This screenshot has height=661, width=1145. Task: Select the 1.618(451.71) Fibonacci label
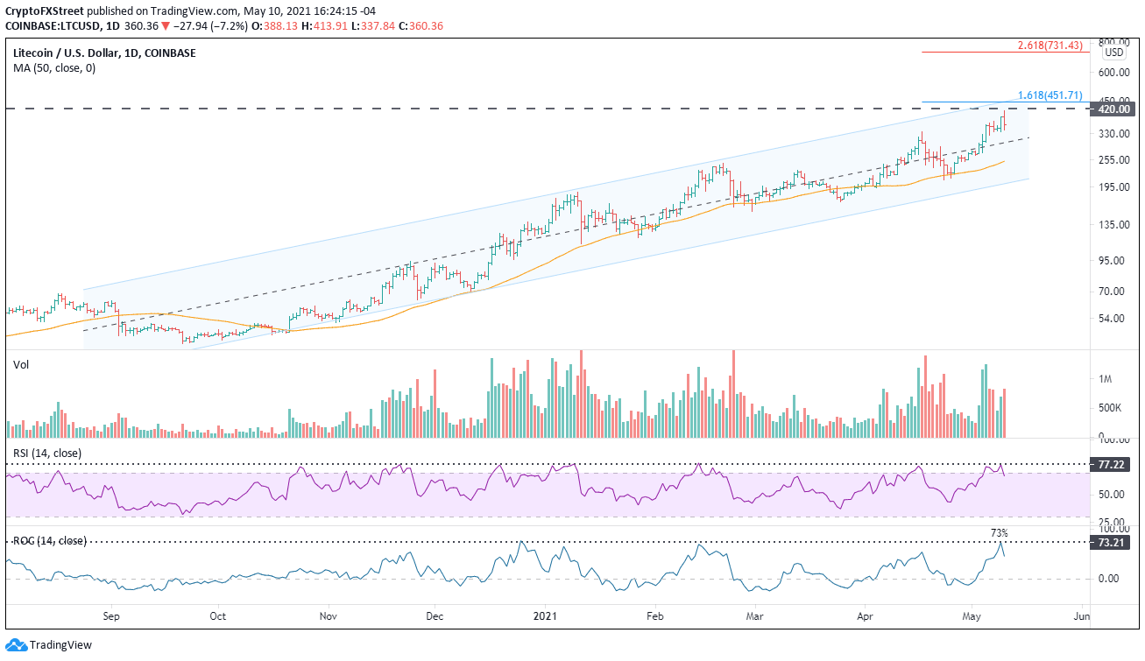click(1050, 95)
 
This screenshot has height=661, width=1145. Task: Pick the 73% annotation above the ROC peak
click(999, 532)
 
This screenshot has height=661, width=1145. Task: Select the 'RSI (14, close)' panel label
click(46, 453)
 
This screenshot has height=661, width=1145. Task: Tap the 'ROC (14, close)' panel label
click(49, 541)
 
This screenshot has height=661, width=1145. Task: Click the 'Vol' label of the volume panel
click(21, 364)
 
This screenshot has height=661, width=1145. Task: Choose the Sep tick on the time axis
click(111, 615)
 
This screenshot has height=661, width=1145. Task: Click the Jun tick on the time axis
click(1081, 615)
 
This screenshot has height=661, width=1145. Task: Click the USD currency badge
click(1113, 52)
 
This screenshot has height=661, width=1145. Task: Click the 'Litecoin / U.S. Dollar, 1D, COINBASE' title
click(104, 53)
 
